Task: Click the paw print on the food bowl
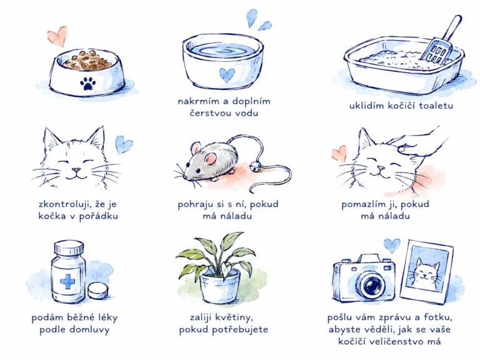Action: pyautogui.click(x=87, y=84)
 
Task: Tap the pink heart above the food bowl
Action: pyautogui.click(x=57, y=36)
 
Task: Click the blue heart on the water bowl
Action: pyautogui.click(x=227, y=75)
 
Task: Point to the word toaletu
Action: pyautogui.click(x=436, y=106)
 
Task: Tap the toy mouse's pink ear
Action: pyautogui.click(x=211, y=158)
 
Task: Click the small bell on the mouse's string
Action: pyautogui.click(x=255, y=167)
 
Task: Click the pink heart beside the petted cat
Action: pyautogui.click(x=339, y=153)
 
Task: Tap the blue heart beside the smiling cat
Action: pyautogui.click(x=124, y=144)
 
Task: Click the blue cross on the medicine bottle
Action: pyautogui.click(x=67, y=281)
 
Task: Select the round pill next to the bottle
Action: pyautogui.click(x=98, y=291)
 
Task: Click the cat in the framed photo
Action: pyautogui.click(x=426, y=274)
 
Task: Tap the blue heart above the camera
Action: pyautogui.click(x=392, y=245)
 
